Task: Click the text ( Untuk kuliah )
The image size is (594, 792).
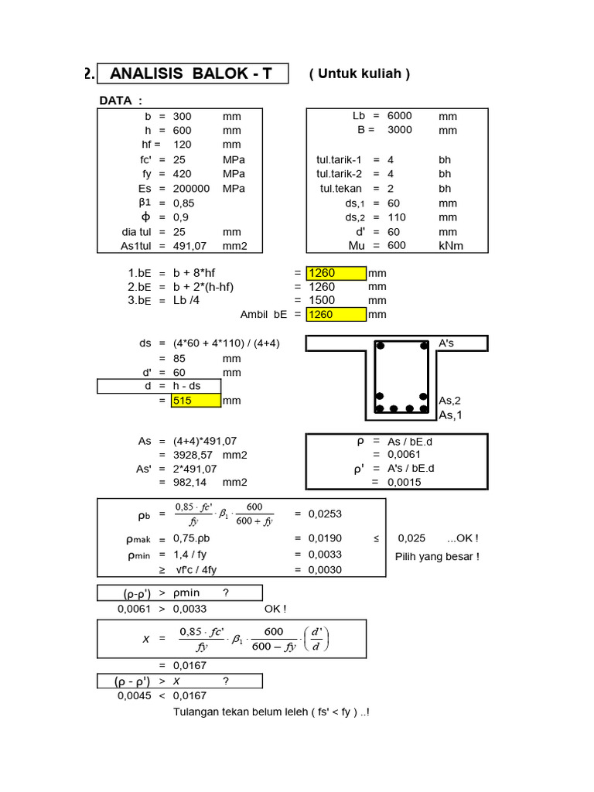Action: [359, 73]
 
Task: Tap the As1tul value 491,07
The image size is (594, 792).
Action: [188, 246]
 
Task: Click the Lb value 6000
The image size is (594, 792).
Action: [399, 116]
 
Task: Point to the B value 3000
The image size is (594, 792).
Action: [399, 130]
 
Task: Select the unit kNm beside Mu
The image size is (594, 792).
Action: [452, 246]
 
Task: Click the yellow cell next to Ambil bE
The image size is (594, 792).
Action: [336, 314]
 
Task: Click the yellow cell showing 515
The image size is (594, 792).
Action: [196, 401]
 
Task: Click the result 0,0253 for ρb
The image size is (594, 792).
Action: [325, 514]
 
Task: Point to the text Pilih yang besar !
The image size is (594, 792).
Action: [437, 556]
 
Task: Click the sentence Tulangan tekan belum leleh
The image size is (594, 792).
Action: [271, 712]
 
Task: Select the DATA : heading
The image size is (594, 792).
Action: [121, 101]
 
